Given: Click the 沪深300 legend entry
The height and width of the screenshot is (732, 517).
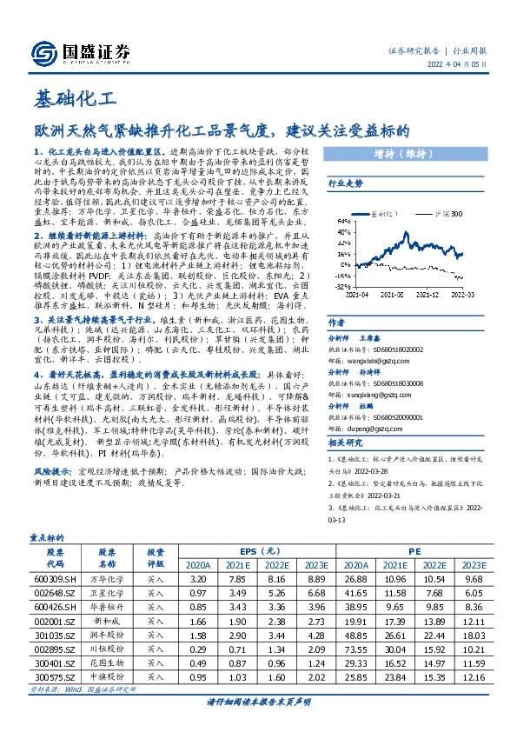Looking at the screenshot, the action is pos(451,211).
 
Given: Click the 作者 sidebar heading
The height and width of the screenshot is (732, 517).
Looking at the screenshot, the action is pos(335,322).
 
